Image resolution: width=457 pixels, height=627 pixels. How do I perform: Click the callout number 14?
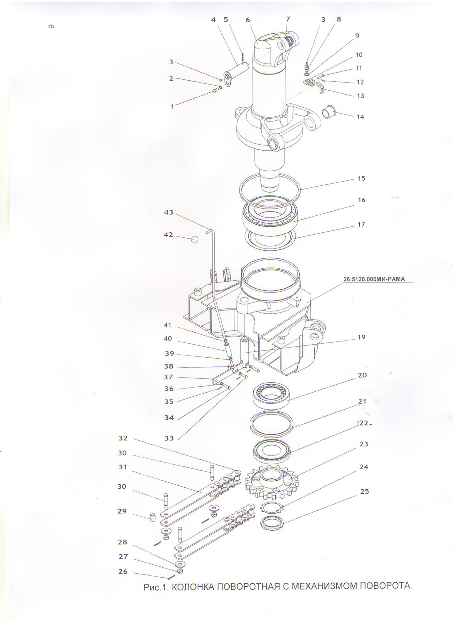click(x=360, y=117)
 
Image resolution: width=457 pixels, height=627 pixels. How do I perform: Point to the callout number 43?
click(x=168, y=212)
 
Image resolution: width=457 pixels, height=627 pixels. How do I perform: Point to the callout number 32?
click(x=123, y=438)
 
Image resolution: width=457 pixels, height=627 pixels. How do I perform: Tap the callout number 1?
click(x=172, y=106)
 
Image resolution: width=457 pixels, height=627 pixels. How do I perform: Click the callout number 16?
click(x=361, y=200)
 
